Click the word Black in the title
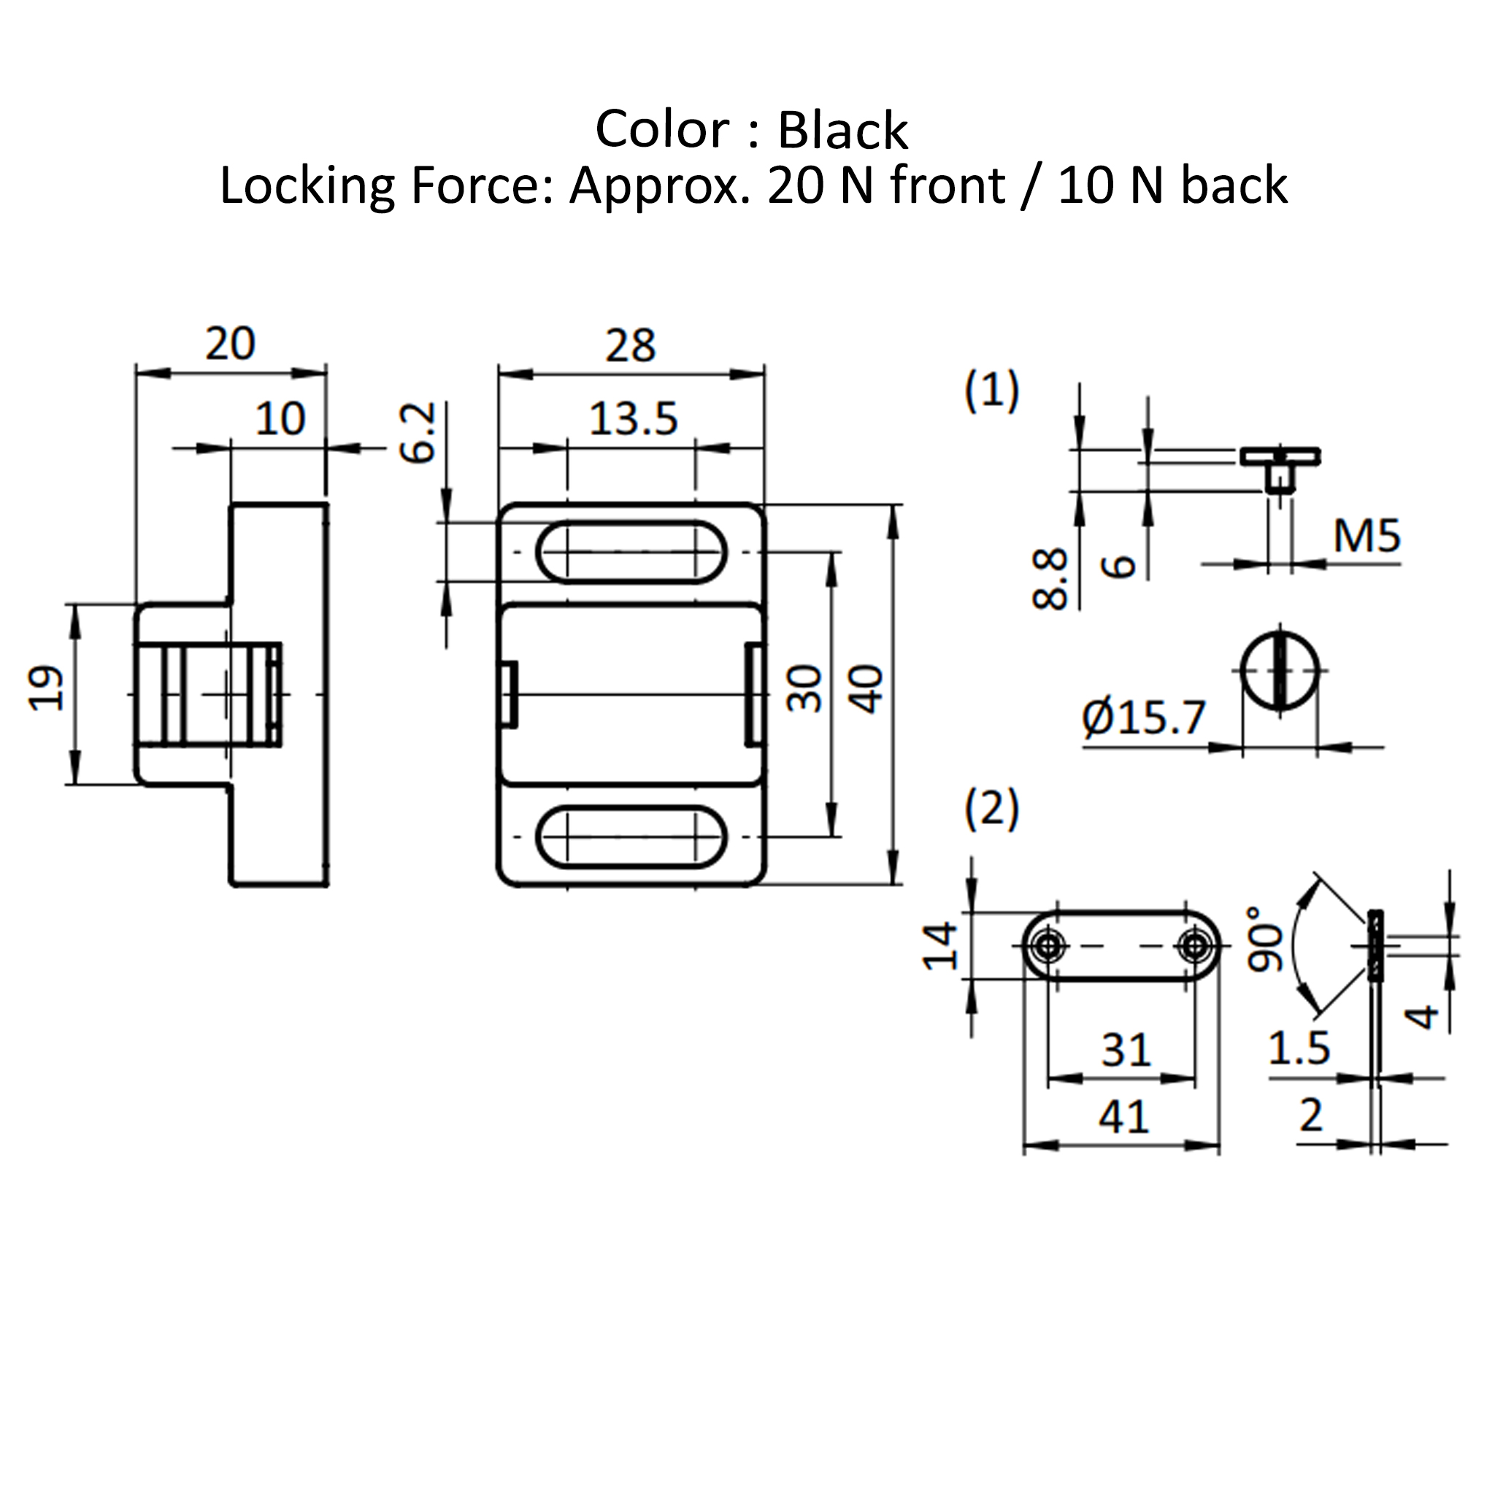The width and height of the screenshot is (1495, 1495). pyautogui.click(x=842, y=130)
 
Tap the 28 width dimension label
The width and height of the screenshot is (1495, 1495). pyautogui.click(x=630, y=345)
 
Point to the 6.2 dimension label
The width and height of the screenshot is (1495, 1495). pyautogui.click(x=418, y=433)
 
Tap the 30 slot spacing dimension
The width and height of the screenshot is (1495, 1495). pyautogui.click(x=804, y=688)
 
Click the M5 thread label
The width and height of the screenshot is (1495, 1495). pyautogui.click(x=1367, y=536)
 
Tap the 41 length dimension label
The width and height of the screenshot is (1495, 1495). pyautogui.click(x=1123, y=1117)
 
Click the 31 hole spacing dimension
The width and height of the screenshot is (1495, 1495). pyautogui.click(x=1126, y=1050)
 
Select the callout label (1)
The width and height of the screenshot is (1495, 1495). pyautogui.click(x=992, y=391)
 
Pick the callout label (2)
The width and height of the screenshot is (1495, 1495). pyautogui.click(x=992, y=810)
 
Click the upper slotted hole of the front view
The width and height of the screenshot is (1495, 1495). pyautogui.click(x=631, y=552)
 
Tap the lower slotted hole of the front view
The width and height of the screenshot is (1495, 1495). pyautogui.click(x=631, y=837)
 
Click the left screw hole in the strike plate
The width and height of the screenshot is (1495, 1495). pyautogui.click(x=1048, y=945)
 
